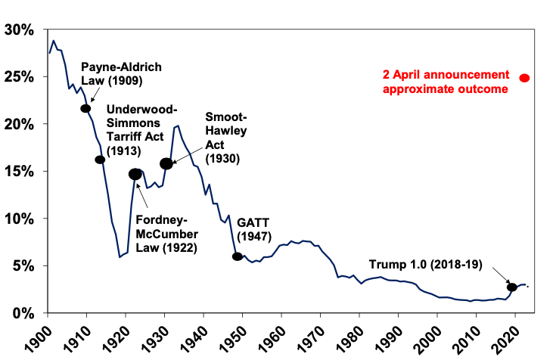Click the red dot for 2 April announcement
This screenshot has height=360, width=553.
524,78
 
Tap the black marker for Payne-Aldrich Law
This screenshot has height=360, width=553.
85,109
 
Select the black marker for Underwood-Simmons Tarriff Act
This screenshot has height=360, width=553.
100,160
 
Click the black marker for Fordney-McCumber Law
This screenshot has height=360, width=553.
135,174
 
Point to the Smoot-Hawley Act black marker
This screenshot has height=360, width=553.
166,163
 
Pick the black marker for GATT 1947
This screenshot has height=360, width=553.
238,256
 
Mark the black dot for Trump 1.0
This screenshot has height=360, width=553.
512,287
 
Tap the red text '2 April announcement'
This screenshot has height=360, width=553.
446,75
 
